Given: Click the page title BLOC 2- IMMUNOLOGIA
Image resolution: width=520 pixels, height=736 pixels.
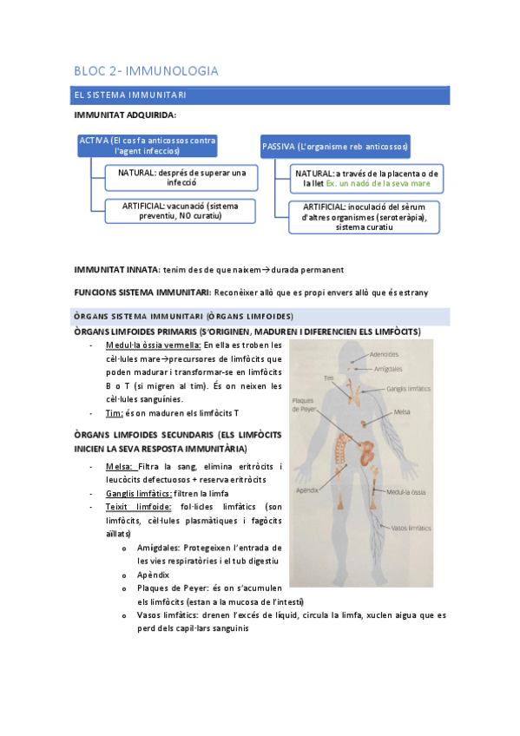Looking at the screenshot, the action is click(x=146, y=70).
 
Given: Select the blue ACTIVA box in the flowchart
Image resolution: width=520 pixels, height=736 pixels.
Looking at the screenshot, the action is click(x=147, y=145).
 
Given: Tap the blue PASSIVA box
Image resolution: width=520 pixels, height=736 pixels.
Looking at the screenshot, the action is click(x=335, y=147).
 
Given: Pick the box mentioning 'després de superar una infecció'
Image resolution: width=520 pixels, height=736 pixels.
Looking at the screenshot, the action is click(x=181, y=178).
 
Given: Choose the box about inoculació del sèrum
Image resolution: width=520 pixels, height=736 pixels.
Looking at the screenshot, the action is click(x=364, y=217).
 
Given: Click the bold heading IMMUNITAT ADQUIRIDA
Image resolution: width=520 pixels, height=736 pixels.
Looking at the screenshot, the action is click(x=125, y=115).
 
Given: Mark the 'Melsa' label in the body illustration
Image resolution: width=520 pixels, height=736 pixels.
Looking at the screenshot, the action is click(x=401, y=412).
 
